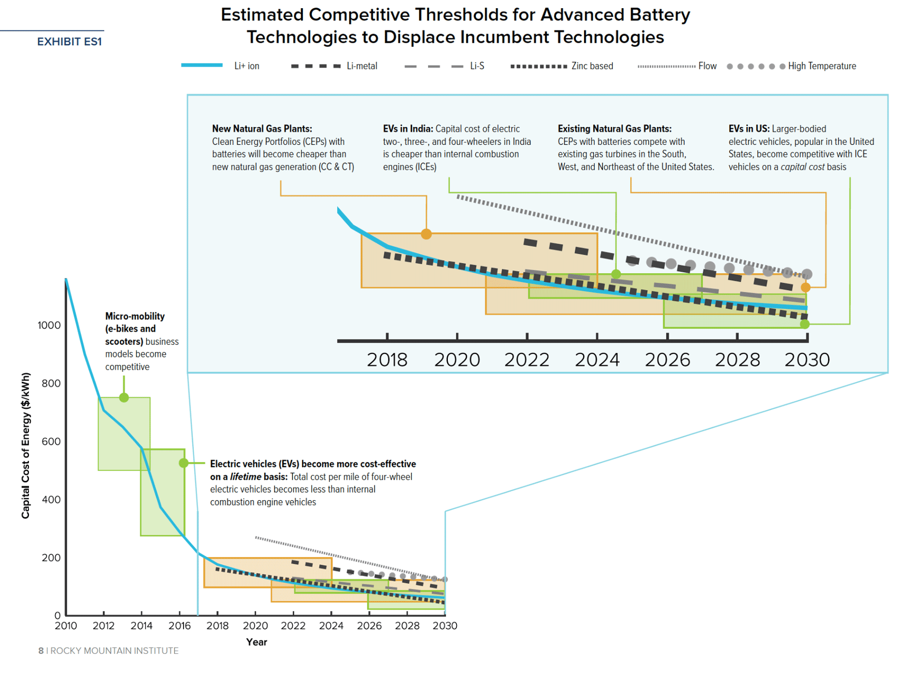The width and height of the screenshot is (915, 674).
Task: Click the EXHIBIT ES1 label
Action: click(69, 42)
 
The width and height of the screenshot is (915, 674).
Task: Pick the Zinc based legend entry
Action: click(562, 66)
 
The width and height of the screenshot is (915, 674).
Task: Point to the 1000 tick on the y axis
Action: click(49, 326)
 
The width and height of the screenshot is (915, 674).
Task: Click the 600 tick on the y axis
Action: click(51, 441)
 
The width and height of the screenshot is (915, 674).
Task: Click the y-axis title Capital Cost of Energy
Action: click(25, 445)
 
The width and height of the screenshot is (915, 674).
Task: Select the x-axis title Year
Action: click(256, 642)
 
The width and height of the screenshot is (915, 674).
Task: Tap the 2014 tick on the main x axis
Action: click(141, 626)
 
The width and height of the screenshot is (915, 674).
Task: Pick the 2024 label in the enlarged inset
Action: click(597, 360)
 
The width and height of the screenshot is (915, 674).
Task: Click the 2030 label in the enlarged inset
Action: click(807, 360)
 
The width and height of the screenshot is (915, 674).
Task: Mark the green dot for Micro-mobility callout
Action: click(124, 398)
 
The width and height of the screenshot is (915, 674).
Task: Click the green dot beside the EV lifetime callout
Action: click(184, 463)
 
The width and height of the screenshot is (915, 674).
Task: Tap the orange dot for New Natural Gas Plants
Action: click(426, 234)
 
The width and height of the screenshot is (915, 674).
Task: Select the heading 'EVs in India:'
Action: click(408, 129)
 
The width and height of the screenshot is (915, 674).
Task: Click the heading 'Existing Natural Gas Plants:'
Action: click(614, 129)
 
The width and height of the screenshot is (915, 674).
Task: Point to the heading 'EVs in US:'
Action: click(749, 129)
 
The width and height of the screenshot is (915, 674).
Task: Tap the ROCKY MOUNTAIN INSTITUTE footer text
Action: click(114, 651)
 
